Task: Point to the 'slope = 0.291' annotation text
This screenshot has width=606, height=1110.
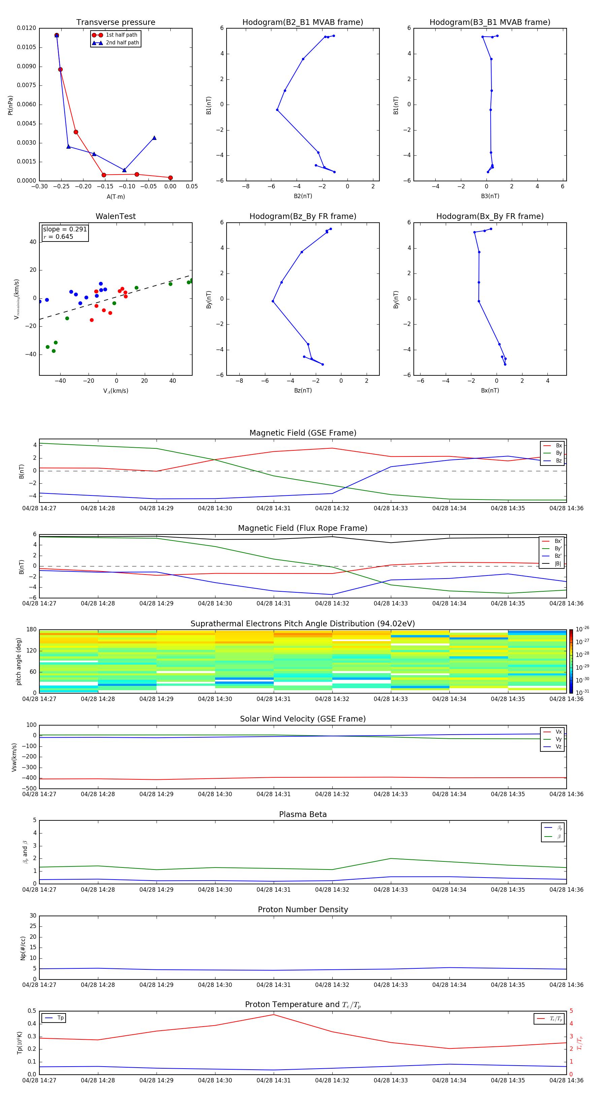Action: coord(65,229)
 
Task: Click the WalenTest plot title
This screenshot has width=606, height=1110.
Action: coord(115,216)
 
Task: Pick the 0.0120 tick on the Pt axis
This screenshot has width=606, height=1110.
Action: coord(27,28)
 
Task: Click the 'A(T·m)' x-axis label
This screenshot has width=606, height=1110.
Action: coord(115,196)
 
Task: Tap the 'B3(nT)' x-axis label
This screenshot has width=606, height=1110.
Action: coord(490,196)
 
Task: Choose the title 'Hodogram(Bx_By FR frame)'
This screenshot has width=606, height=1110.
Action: coord(490,216)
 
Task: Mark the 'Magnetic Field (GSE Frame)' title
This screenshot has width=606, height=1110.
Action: coord(303,433)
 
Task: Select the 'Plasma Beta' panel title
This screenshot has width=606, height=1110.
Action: coord(303,814)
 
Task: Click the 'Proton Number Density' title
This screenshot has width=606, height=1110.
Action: coord(303,910)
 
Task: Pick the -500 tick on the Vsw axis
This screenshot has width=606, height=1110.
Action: coord(29,788)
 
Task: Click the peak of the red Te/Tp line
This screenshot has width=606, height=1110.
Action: coord(273,1015)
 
